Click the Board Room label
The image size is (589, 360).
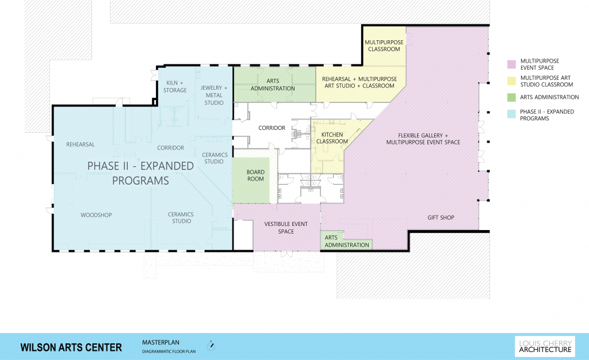click(255, 175)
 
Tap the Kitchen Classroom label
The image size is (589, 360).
click(332, 138)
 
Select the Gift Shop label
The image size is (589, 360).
click(441, 217)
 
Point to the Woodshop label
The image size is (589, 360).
click(95, 215)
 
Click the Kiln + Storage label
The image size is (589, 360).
click(175, 87)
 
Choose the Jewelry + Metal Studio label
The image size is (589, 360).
click(214, 95)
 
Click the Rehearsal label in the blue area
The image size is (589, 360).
click(80, 144)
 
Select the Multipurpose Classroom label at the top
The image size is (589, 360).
click(384, 46)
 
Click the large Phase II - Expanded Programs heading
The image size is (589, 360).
click(140, 173)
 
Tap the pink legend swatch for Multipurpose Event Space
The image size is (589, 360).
click(510, 63)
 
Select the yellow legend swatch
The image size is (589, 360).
click(510, 81)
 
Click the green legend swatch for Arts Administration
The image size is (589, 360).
click(510, 97)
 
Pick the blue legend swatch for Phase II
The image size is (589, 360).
click(510, 112)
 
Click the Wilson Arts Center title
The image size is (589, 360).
click(71, 347)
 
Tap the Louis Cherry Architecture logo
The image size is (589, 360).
click(544, 346)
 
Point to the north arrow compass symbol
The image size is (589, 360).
click(211, 347)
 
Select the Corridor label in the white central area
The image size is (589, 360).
click(271, 128)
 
